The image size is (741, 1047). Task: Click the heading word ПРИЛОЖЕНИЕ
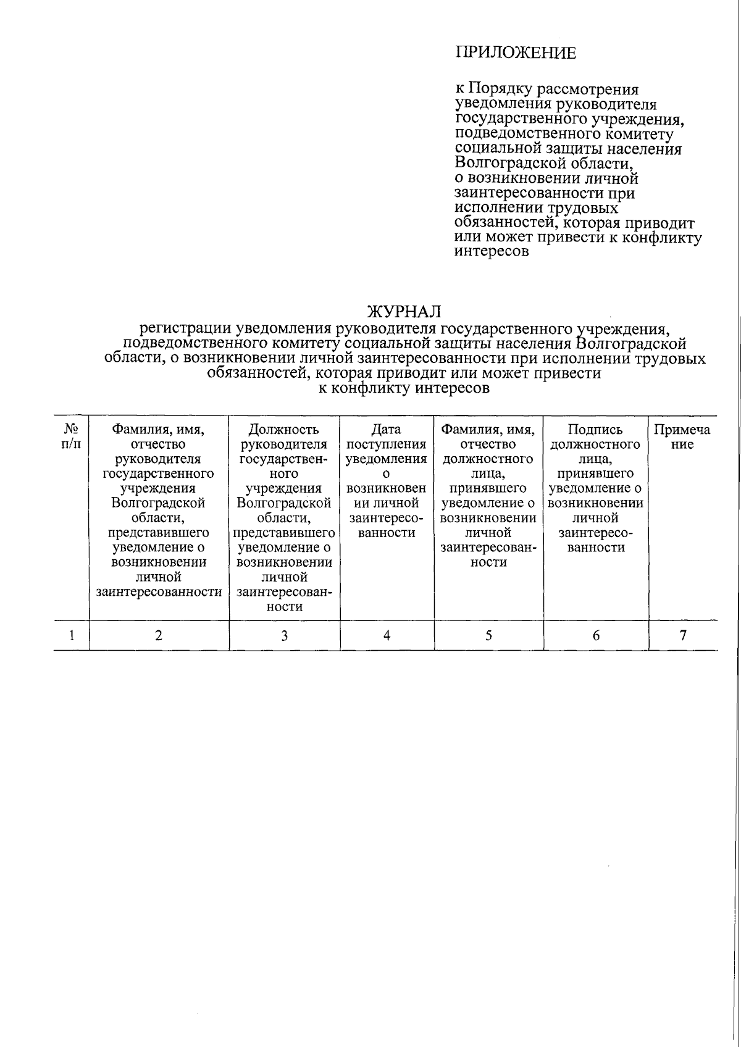coord(516,53)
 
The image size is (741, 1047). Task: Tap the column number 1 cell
coord(72,635)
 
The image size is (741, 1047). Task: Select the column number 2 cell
coord(159,635)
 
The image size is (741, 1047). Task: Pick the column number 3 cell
coord(285,635)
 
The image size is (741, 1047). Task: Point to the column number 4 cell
coord(387,635)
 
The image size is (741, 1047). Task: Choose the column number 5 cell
coord(488,635)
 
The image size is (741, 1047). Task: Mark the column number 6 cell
coord(596,635)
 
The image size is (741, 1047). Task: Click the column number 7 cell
coord(683,635)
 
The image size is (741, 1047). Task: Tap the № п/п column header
coord(72,436)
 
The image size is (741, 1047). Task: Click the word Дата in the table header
coord(387,430)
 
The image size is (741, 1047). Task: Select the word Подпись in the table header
coord(595,430)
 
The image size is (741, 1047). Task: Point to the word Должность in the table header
coord(284,430)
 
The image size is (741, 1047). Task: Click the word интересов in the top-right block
coord(492,252)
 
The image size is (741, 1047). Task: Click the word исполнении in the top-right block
coord(493,208)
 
